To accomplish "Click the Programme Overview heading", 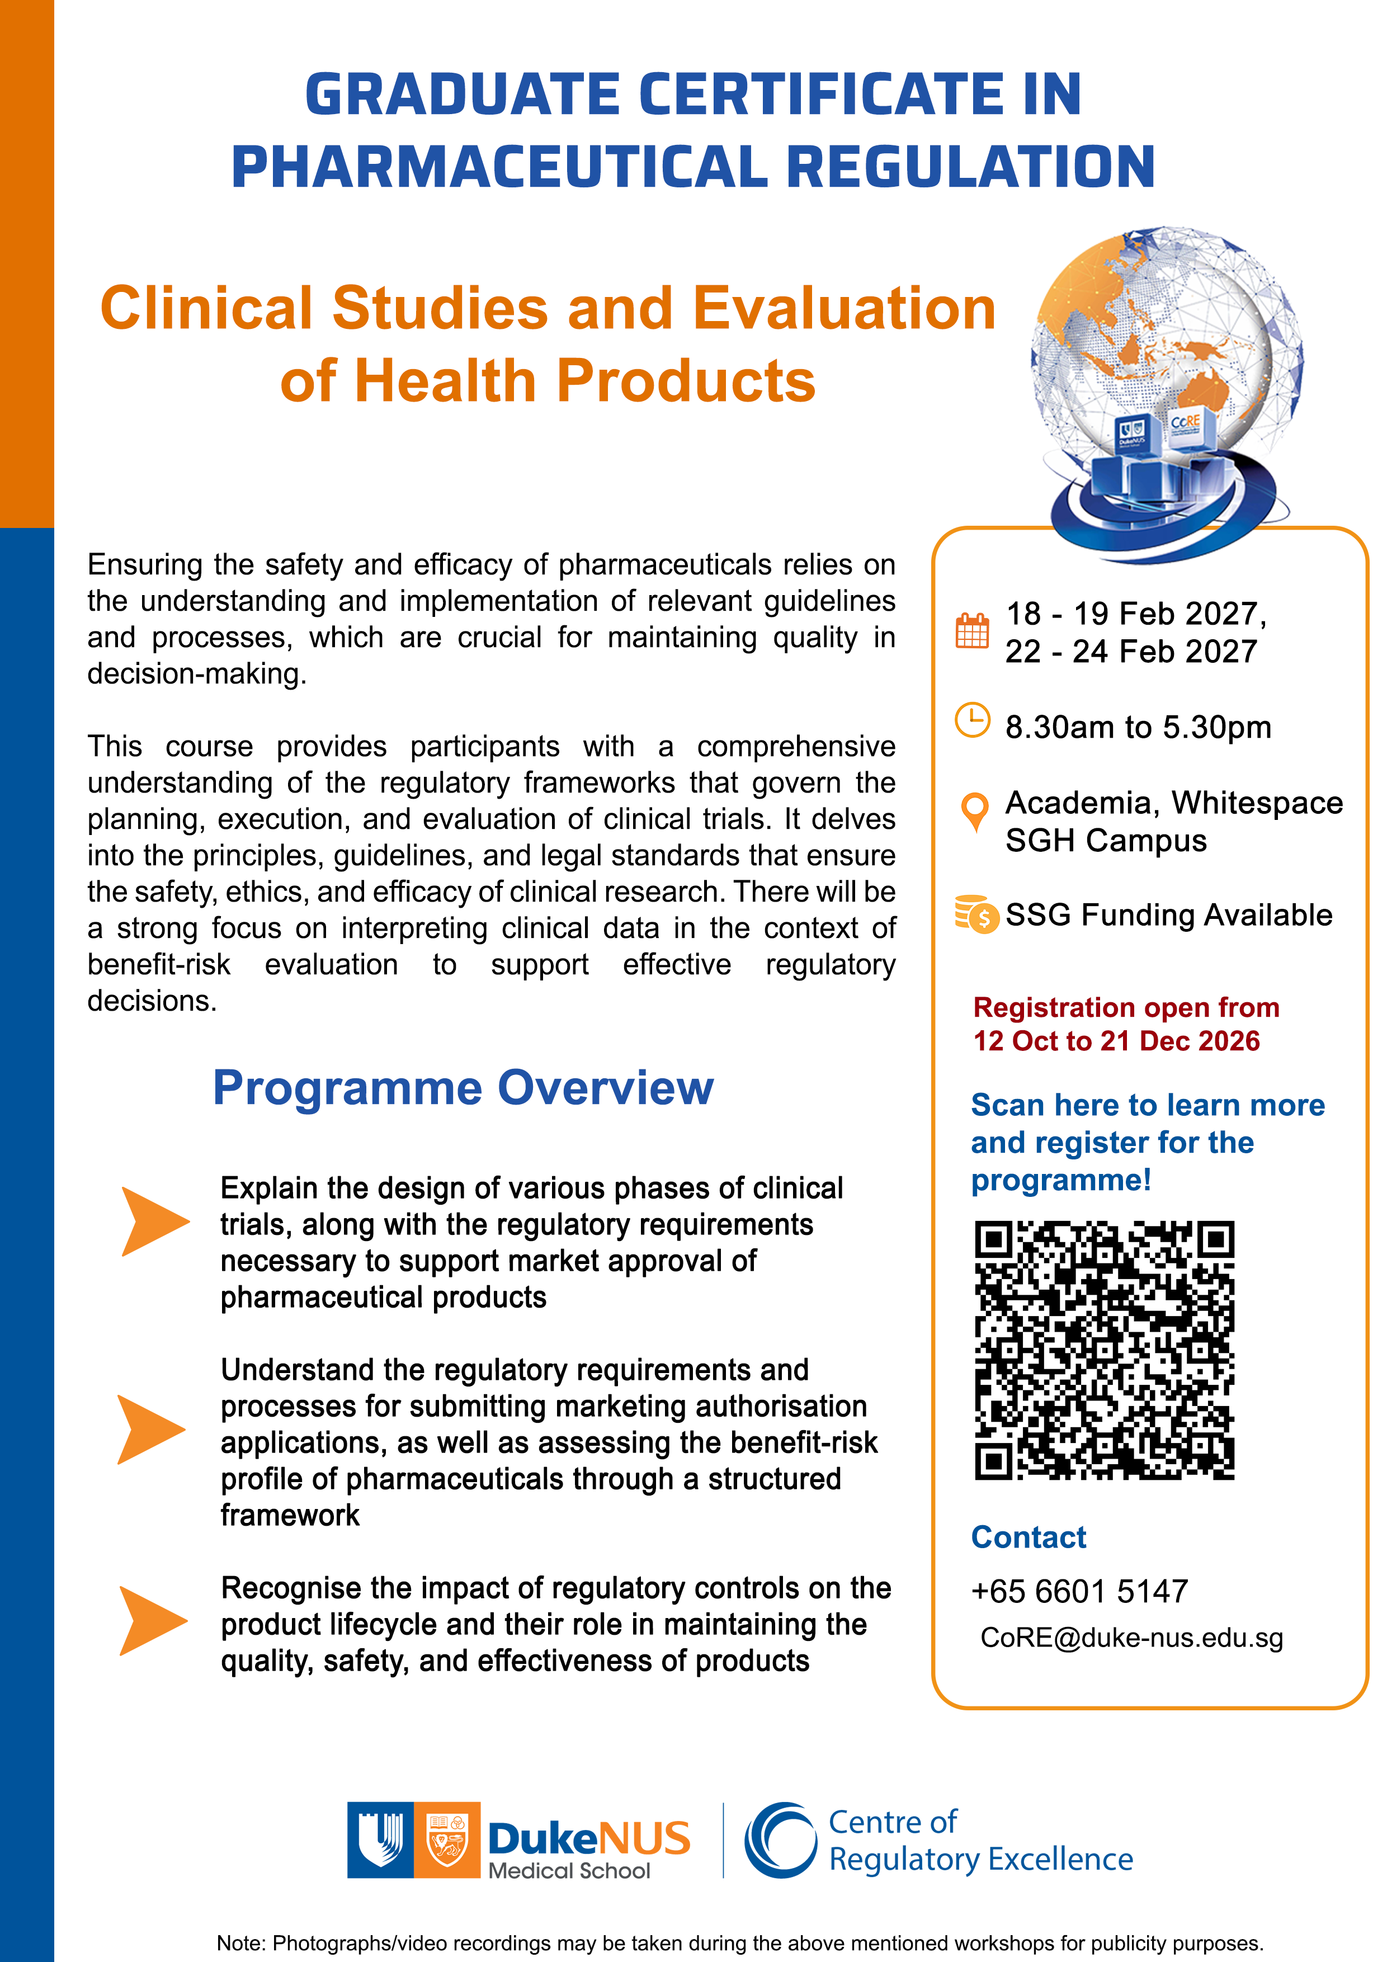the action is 463,1088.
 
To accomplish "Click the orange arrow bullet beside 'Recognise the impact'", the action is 153,1621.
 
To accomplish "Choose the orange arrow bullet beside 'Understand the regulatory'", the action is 151,1430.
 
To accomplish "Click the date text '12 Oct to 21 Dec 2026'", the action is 1116,1041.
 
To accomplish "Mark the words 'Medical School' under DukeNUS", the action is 569,1871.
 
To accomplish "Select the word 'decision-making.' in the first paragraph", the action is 196,674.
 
